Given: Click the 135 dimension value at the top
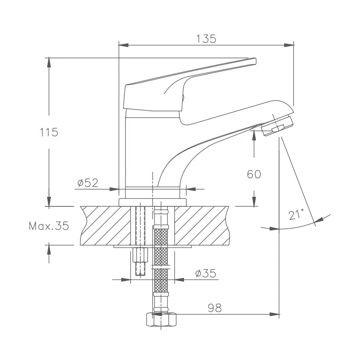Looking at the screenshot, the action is coord(206,39).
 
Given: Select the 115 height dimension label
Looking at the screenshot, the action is coord(49,132).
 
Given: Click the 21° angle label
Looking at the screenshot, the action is coord(296,215).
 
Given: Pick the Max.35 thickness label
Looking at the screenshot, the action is coord(49,226).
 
